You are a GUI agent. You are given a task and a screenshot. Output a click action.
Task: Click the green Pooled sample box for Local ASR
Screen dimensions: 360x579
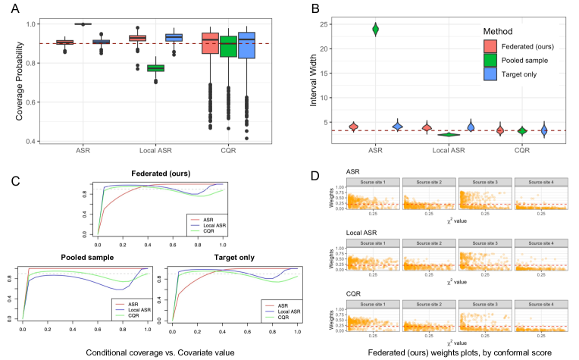[x=158, y=68]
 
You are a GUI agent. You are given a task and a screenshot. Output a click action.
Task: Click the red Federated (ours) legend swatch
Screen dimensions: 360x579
[x=492, y=46]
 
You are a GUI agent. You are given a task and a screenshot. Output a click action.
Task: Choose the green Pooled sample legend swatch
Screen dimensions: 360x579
[x=492, y=60]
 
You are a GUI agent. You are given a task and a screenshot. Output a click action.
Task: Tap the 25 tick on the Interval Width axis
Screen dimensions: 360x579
[x=329, y=24]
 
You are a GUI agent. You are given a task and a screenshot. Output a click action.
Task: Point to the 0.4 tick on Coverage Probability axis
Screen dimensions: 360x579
[x=36, y=141]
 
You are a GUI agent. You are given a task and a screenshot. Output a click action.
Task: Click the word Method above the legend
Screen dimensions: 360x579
[x=501, y=32]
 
